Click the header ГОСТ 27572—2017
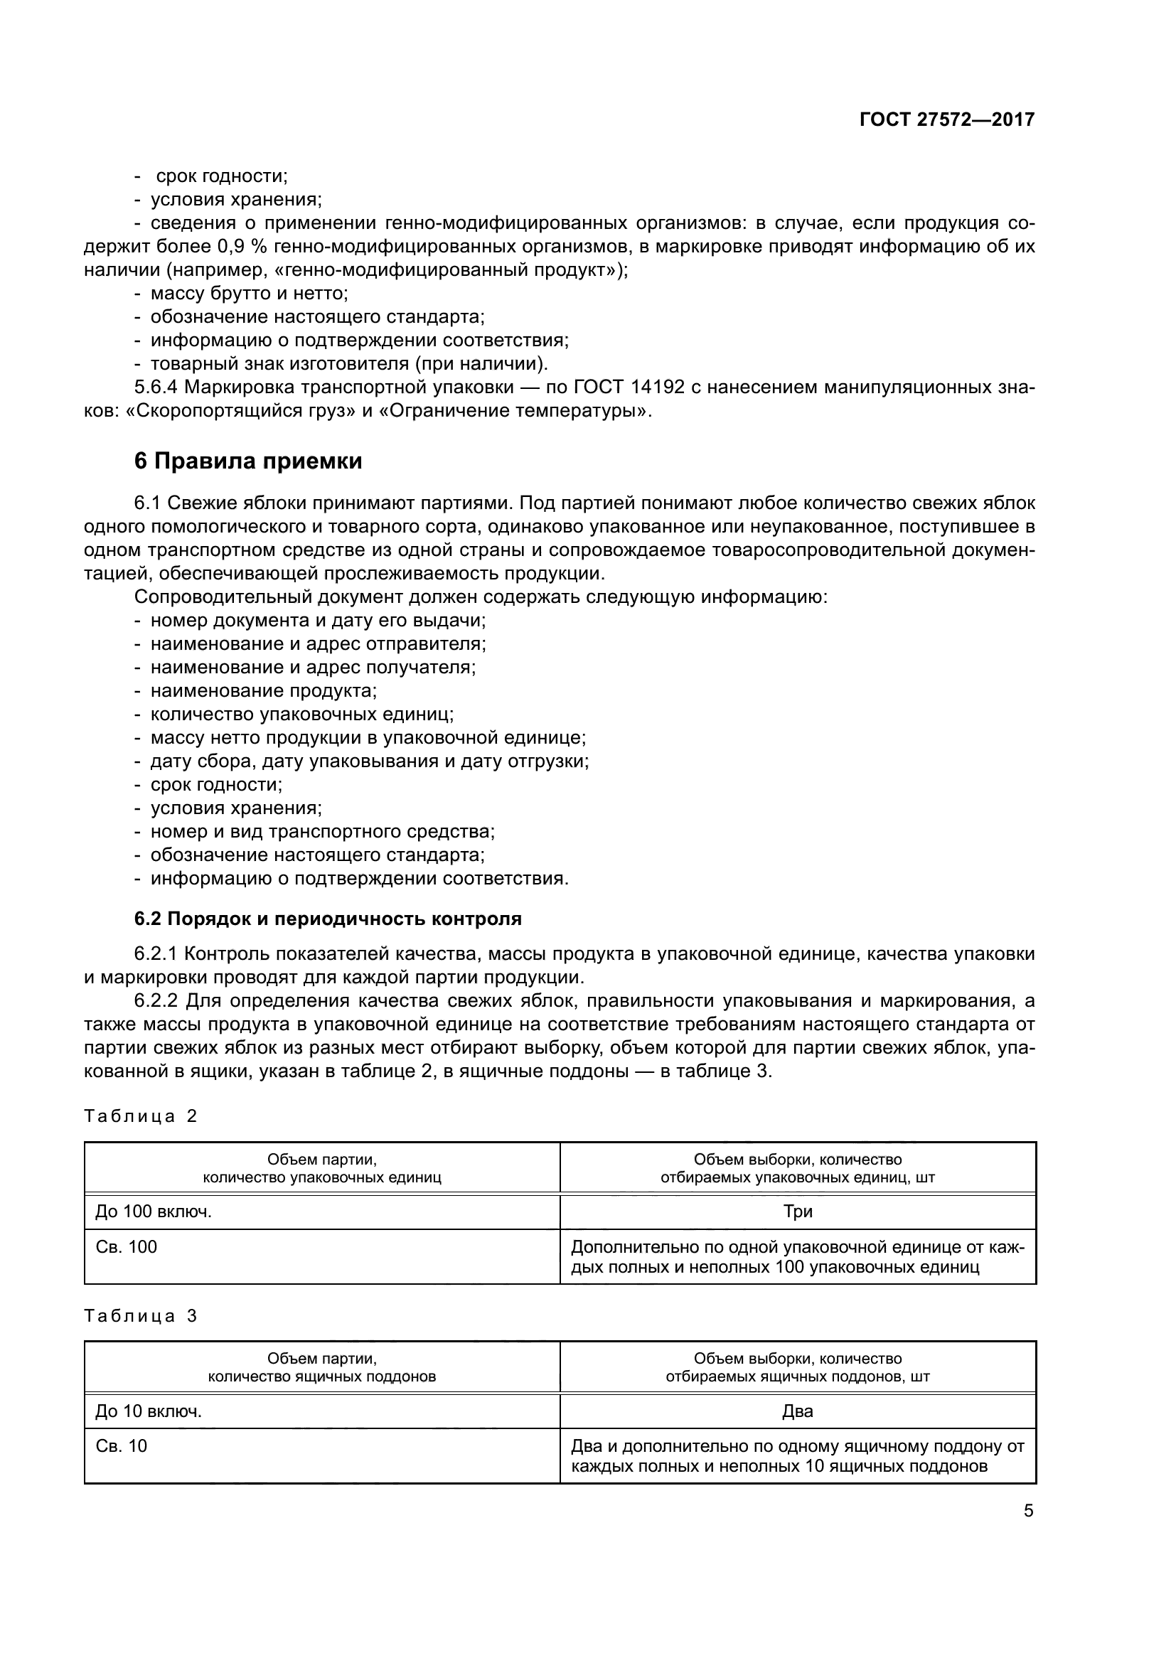(946, 119)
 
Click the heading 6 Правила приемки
(248, 461)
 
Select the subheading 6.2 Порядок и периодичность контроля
(328, 919)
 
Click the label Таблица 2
(141, 1116)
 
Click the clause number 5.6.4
(156, 387)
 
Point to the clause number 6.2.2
(156, 1001)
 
